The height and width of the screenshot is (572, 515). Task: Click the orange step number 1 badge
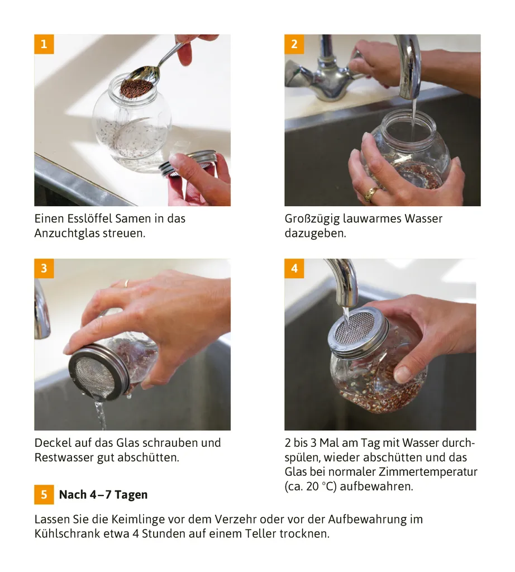pos(44,44)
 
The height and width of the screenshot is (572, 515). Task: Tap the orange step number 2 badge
pos(294,44)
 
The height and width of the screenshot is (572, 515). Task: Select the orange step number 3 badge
pos(44,269)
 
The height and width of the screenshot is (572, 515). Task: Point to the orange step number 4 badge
pos(294,269)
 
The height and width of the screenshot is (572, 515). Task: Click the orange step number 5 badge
pos(44,495)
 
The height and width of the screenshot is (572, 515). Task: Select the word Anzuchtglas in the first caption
pos(66,233)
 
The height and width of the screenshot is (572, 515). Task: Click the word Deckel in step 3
pos(53,443)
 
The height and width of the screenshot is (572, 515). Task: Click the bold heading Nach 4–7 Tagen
pos(103,495)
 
